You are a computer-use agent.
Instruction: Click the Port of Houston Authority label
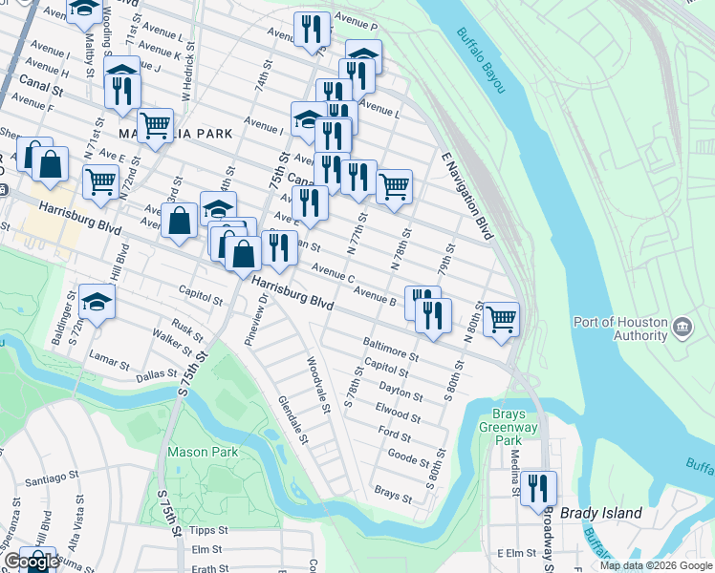pos(619,329)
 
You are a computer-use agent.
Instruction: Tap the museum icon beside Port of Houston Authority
pos(682,328)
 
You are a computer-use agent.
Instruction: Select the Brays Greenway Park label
pos(500,427)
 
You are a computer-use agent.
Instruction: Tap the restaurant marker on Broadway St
pos(538,489)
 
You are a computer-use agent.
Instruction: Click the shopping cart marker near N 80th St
pos(501,319)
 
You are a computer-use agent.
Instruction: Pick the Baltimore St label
pos(390,349)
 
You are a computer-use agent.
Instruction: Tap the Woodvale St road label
pos(318,385)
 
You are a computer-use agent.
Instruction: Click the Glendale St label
pos(292,420)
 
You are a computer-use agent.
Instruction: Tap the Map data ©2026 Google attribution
pos(656,565)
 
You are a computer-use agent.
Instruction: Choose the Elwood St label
pos(397,413)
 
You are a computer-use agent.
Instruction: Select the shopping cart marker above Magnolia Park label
pos(155,124)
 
